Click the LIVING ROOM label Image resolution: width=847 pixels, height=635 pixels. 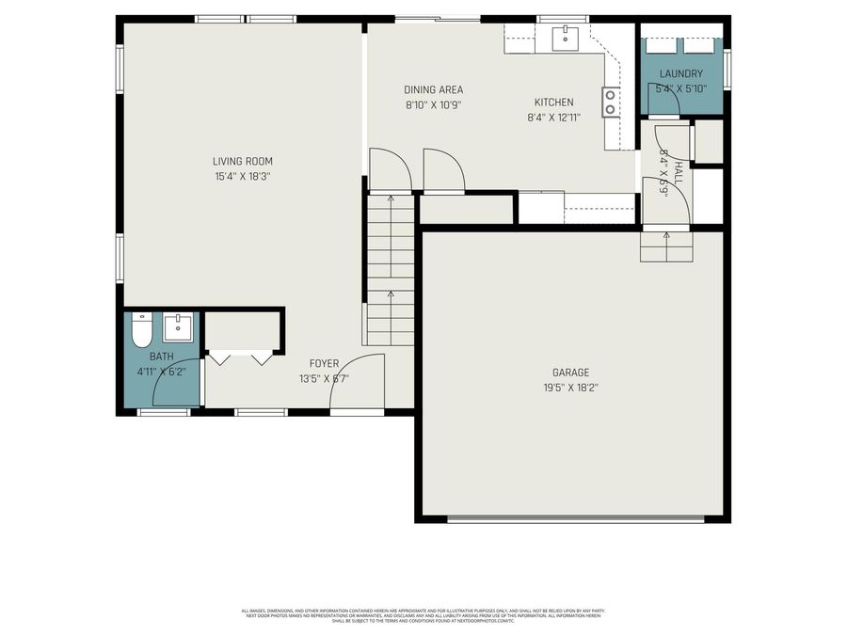(x=242, y=161)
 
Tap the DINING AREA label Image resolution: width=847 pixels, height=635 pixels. (x=433, y=90)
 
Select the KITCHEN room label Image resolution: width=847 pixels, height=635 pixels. (x=553, y=103)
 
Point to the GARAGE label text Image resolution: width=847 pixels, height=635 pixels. (x=571, y=373)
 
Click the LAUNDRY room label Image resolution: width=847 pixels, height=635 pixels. (x=680, y=74)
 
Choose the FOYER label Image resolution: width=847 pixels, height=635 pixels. (x=324, y=363)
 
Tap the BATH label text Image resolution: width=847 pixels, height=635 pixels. (x=161, y=357)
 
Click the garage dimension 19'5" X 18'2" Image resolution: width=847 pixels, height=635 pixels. (x=571, y=387)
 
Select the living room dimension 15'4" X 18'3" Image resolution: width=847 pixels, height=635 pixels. (x=242, y=176)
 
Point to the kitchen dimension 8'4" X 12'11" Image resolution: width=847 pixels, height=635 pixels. (x=553, y=118)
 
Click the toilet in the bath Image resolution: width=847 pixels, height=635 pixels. (x=142, y=331)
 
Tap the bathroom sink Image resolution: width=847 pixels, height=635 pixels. (x=178, y=328)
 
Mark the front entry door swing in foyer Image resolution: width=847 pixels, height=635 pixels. (x=359, y=382)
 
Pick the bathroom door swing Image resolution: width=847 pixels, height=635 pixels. (x=176, y=383)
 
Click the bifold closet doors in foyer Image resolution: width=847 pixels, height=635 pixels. (x=241, y=357)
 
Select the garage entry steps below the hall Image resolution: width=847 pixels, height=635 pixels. (x=666, y=246)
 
